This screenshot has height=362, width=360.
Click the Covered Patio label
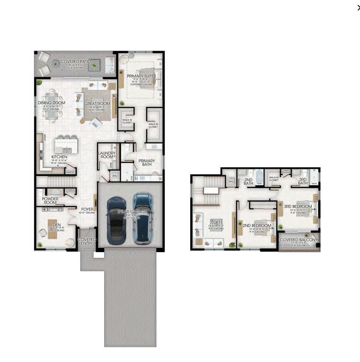pyautogui.click(x=76, y=62)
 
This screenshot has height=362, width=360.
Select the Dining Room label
pyautogui.click(x=52, y=103)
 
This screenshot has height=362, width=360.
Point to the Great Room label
pyautogui.click(x=97, y=103)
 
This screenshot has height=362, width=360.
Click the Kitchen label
pyautogui.click(x=59, y=157)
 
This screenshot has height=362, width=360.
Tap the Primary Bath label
pyautogui.click(x=147, y=163)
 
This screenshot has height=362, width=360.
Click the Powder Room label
pyautogui.click(x=50, y=201)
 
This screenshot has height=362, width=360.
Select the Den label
pyautogui.click(x=56, y=224)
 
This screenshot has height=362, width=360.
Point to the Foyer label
pyautogui.click(x=87, y=209)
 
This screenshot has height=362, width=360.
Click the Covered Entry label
pyautogui.click(x=87, y=241)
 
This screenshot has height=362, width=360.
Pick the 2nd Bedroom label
pyautogui.click(x=257, y=225)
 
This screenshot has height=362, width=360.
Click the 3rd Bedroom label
pyautogui.click(x=298, y=206)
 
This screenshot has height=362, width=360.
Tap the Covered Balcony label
pyautogui.click(x=298, y=240)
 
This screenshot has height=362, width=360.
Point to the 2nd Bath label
pyautogui.click(x=248, y=181)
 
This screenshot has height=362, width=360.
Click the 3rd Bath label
pyautogui.click(x=303, y=181)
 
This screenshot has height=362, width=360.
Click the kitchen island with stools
pyautogui.click(x=67, y=143)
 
